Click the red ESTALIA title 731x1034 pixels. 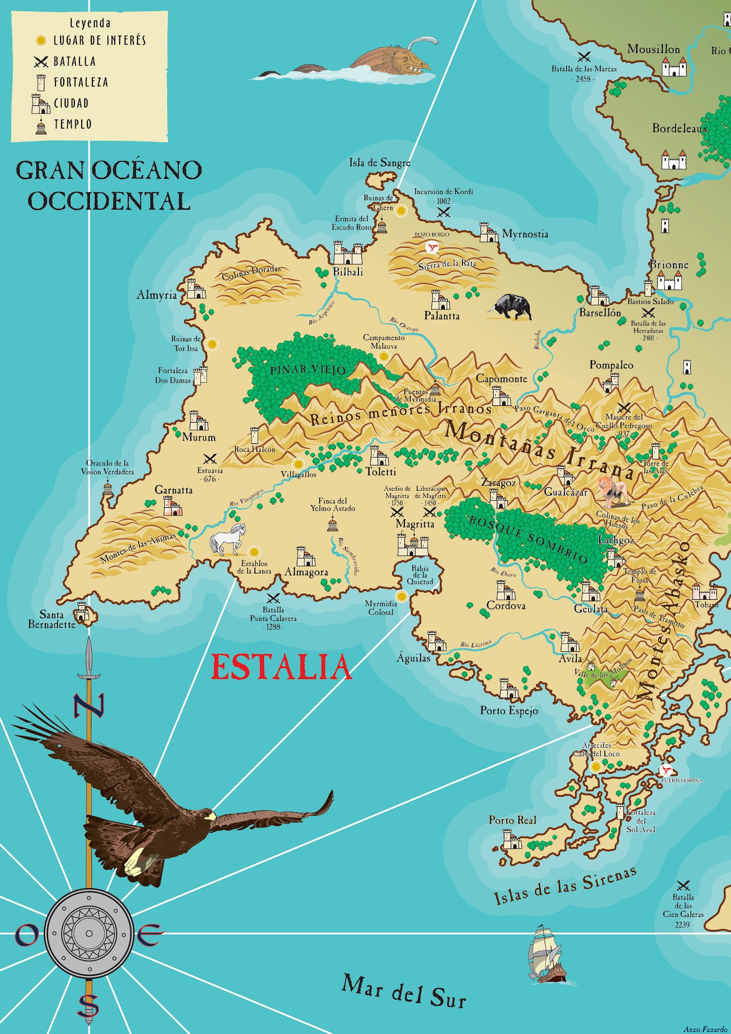click(x=281, y=667)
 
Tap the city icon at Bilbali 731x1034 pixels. click(x=347, y=253)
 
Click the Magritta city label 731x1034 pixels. click(x=414, y=524)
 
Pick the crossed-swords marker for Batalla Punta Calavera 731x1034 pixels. click(x=273, y=599)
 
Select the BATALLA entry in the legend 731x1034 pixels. click(x=74, y=62)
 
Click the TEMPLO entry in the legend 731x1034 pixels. click(x=72, y=124)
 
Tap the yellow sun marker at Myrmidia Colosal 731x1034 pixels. click(x=402, y=597)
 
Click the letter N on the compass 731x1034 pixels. click(x=89, y=706)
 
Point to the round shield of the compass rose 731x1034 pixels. click(x=89, y=933)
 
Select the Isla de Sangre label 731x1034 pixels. click(x=380, y=163)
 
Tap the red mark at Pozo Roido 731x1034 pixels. click(x=432, y=247)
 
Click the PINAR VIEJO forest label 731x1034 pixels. click(x=308, y=370)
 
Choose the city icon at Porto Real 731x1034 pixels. click(x=511, y=840)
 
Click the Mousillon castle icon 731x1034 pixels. click(x=674, y=67)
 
